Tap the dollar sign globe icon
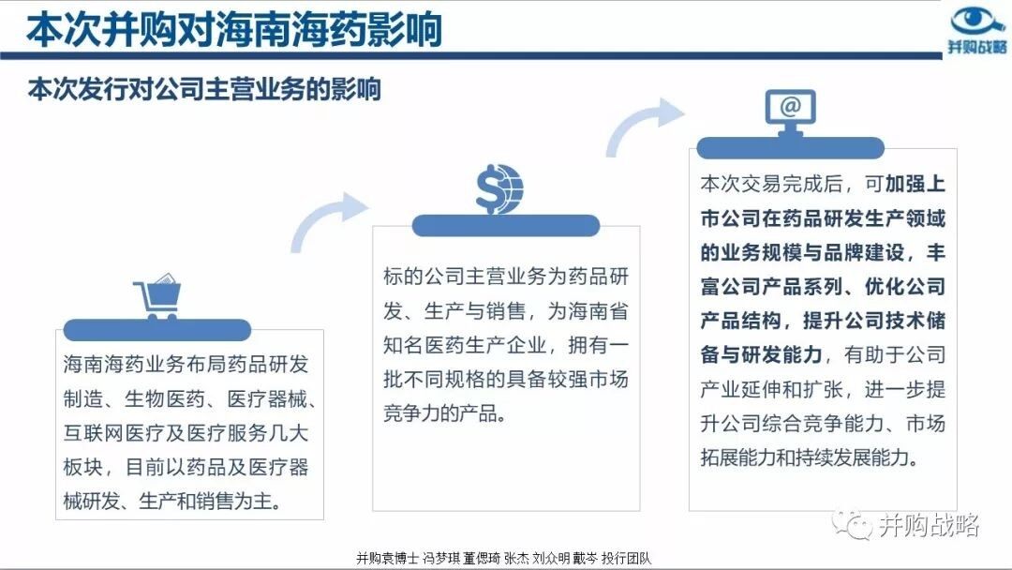click(499, 189)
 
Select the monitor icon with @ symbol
click(791, 112)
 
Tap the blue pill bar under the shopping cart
click(156, 330)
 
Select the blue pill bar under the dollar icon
click(505, 225)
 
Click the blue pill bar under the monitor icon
click(790, 148)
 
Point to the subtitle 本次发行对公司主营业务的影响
click(204, 89)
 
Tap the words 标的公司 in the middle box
click(424, 277)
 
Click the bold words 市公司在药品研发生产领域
click(823, 218)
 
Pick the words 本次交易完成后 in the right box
click(771, 184)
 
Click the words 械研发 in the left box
click(94, 501)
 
